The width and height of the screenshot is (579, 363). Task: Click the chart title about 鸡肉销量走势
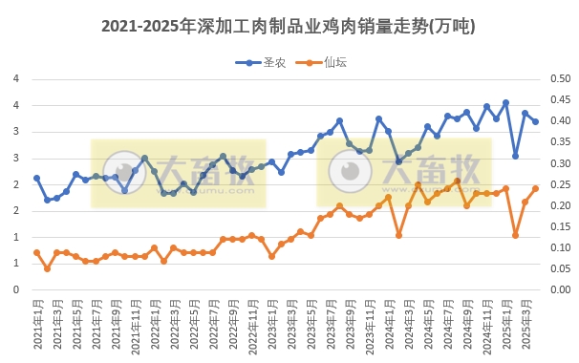coord(289,26)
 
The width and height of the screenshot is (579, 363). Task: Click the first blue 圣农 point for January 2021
coord(36,179)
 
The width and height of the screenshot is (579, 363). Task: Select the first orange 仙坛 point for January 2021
coord(36,252)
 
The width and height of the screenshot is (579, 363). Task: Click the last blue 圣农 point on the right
coord(535,121)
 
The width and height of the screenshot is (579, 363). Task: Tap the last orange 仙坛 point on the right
coord(535,188)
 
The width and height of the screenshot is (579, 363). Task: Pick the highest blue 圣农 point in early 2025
coord(505,103)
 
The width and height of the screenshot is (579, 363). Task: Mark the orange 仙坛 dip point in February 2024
coord(398,235)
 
